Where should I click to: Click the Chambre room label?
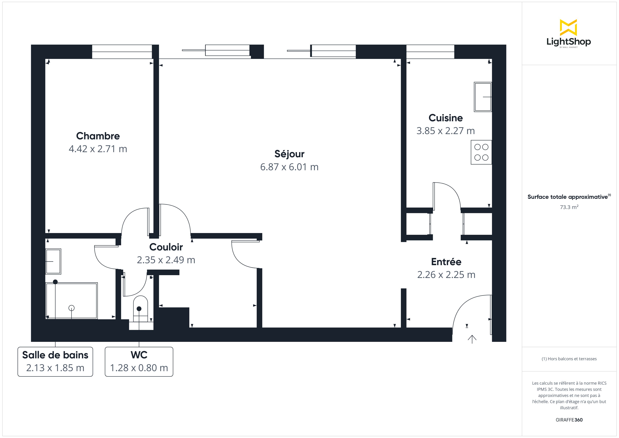98,136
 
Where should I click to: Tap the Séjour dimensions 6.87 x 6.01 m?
289,167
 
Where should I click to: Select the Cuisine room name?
446,118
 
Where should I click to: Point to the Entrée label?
446,262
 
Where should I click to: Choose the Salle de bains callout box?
55,362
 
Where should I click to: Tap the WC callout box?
139,362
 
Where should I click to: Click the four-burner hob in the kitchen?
481,152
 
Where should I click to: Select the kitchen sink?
483,97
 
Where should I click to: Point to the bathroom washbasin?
53,261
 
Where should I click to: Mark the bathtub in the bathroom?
71,301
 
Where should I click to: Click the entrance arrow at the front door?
472,339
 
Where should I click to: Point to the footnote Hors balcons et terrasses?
569,359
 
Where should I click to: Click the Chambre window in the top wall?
122,52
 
